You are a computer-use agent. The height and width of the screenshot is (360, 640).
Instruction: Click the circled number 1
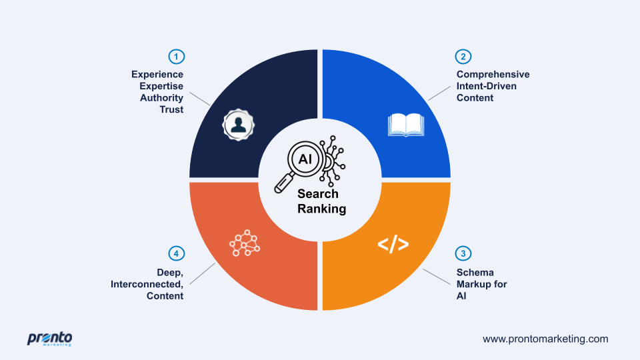[176, 57]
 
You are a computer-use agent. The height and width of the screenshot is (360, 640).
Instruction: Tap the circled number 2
[463, 57]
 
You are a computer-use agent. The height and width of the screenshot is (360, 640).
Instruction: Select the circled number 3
[463, 253]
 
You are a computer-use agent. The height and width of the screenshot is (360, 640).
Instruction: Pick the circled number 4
[176, 253]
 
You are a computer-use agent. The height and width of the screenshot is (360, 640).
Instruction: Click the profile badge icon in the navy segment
[239, 125]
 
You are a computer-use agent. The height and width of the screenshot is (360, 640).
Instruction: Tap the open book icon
[406, 125]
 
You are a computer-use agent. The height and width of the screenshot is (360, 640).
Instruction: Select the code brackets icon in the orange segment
[393, 244]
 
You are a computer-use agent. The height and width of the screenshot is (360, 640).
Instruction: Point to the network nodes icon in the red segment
[245, 243]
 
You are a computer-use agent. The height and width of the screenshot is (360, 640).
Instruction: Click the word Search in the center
[318, 193]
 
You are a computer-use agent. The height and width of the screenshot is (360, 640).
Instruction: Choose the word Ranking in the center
[321, 209]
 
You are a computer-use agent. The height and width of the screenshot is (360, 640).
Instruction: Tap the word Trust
[171, 109]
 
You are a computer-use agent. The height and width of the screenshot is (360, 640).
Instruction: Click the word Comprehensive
[493, 74]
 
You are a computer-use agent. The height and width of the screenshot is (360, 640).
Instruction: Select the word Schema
[475, 272]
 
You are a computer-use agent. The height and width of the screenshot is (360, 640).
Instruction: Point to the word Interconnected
[147, 284]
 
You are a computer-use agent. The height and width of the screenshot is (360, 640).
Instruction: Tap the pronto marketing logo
[49, 339]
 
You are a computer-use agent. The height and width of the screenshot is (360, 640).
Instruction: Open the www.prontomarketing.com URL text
[545, 339]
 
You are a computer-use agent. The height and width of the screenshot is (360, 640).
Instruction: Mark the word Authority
[161, 98]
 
